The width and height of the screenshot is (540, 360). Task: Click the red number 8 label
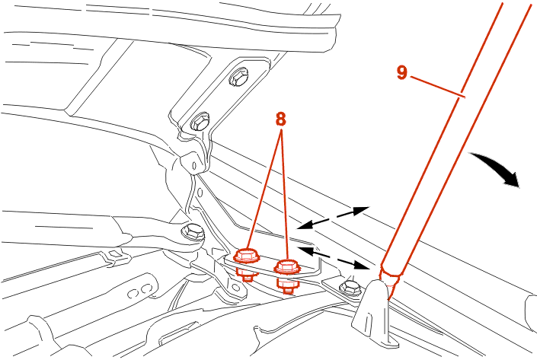(x=280, y=119)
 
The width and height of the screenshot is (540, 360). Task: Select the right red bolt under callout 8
(x=286, y=267)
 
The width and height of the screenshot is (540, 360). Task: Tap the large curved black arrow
(x=498, y=170)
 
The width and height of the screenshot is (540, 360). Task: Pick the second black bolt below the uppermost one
(x=200, y=121)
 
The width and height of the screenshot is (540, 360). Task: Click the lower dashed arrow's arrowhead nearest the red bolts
(x=304, y=248)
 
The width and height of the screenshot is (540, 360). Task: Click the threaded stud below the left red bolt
(x=247, y=274)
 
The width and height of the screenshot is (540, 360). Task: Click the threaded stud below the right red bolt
(x=286, y=286)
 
